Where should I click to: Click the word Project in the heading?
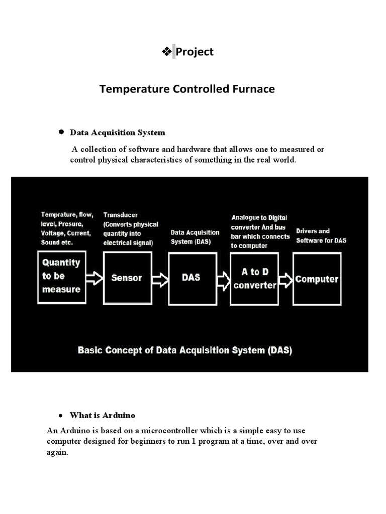[x=195, y=52]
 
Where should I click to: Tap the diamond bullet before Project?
[x=166, y=51]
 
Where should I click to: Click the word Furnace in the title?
[x=252, y=89]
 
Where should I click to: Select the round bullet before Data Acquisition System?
[x=61, y=132]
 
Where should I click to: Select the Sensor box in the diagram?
[x=127, y=278]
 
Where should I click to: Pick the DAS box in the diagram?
[x=190, y=278]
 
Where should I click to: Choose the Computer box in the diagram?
[x=317, y=279]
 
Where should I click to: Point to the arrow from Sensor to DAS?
[x=159, y=278]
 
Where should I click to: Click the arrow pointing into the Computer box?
[x=285, y=280]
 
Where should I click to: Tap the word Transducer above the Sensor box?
[x=120, y=214]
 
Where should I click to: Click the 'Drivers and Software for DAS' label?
[x=321, y=235]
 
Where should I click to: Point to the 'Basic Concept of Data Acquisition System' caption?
[x=184, y=350]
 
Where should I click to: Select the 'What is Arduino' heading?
[x=103, y=416]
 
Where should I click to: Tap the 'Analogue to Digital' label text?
[x=259, y=217]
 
